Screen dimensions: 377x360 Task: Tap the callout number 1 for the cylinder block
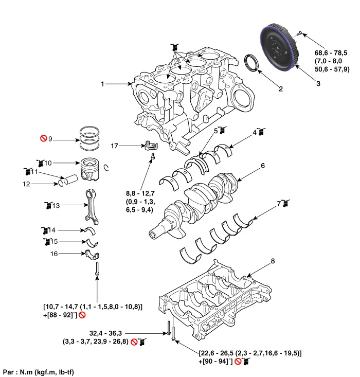[x=103, y=84]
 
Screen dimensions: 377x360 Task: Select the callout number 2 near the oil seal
[x=281, y=89]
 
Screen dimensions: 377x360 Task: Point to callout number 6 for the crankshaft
[x=262, y=166]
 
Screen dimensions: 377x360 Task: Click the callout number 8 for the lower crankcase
[x=273, y=261]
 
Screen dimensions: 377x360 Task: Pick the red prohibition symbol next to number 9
[x=44, y=139]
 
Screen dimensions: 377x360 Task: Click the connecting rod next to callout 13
[x=89, y=206]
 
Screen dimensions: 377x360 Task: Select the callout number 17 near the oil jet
[x=115, y=147]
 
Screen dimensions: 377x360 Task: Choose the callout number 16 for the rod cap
[x=54, y=254]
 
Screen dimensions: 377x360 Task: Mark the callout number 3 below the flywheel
[x=318, y=83]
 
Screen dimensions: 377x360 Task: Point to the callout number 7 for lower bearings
[x=278, y=204]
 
